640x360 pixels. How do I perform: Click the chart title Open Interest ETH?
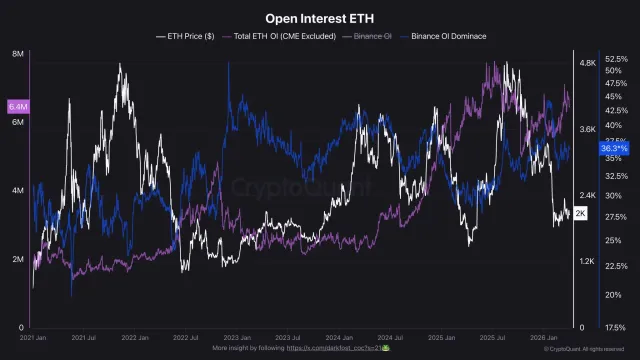click(320, 18)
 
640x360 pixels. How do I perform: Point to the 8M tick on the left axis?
click(18, 53)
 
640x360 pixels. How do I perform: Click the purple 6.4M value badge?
click(17, 106)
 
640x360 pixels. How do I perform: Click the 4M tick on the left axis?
click(18, 190)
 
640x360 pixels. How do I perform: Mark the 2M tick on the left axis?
click(18, 259)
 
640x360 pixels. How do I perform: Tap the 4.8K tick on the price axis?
click(587, 62)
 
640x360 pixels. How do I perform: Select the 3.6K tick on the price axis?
click(587, 129)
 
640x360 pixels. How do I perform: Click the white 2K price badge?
click(581, 214)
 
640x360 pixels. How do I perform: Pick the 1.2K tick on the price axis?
click(587, 262)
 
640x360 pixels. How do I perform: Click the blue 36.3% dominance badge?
click(613, 148)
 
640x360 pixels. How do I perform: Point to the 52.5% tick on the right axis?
click(616, 60)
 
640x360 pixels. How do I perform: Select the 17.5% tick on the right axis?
click(616, 327)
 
